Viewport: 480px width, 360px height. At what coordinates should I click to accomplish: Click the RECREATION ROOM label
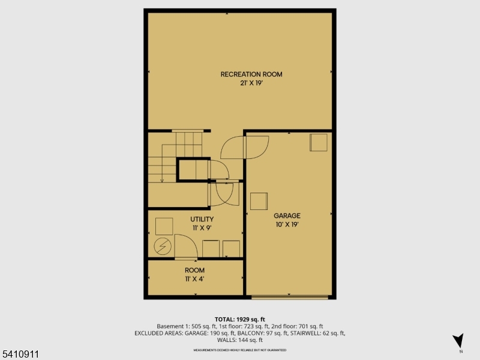pos(251,74)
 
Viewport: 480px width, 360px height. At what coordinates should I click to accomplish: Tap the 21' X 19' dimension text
pos(251,83)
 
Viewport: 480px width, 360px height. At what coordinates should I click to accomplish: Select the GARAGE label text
pos(287,215)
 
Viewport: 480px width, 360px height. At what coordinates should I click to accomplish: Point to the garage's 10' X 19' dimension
pos(287,224)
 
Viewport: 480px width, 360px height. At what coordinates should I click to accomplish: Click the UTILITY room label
pos(202,220)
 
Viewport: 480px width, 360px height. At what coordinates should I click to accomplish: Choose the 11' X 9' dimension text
pos(202,228)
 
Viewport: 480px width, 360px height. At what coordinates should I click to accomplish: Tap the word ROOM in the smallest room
pos(194,271)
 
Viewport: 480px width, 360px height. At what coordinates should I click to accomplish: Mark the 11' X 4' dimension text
pos(194,279)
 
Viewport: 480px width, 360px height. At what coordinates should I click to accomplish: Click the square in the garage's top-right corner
pos(319,143)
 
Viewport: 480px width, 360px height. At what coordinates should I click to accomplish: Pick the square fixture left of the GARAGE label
pos(259,201)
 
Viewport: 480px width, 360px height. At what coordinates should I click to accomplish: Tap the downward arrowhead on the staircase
pos(162,179)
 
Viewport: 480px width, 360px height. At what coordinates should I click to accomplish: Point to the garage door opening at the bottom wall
pos(290,296)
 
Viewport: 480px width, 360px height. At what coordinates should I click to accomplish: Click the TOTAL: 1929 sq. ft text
pos(239,319)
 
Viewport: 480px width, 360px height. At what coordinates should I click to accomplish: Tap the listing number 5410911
pos(20,355)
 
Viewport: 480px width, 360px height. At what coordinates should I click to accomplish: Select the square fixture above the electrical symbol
pos(164,226)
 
